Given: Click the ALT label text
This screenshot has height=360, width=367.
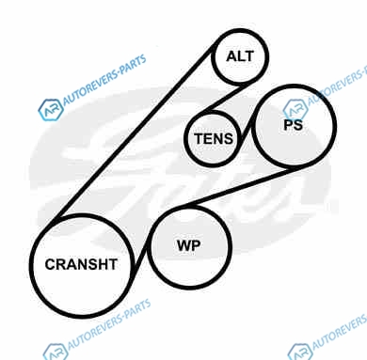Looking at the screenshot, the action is coord(240,56).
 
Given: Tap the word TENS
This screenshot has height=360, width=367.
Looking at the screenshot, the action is coord(214,138).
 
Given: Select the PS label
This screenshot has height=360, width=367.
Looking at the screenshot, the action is coord(293,125).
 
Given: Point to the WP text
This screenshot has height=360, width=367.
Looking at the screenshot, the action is coord(188,245).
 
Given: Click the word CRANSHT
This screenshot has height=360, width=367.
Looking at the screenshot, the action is coord(81,264).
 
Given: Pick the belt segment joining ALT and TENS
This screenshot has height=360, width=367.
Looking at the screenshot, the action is coord(227,97).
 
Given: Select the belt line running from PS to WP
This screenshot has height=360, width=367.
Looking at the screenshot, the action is coord(239,187).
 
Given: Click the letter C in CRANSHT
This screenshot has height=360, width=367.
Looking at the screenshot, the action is coord(50,264).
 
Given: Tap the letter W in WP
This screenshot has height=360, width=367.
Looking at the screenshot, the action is coord(183,245).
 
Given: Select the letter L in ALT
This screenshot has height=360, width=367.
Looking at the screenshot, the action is coord(240,56).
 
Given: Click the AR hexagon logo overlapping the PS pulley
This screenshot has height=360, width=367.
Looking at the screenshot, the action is coord(295,109).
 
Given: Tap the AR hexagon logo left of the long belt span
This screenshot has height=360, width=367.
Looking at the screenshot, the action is coord(51,110).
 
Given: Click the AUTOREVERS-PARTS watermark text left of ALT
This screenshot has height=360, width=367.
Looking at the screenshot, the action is coord(104,80).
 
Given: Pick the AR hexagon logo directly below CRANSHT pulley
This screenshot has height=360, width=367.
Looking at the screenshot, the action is coord(56,352).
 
